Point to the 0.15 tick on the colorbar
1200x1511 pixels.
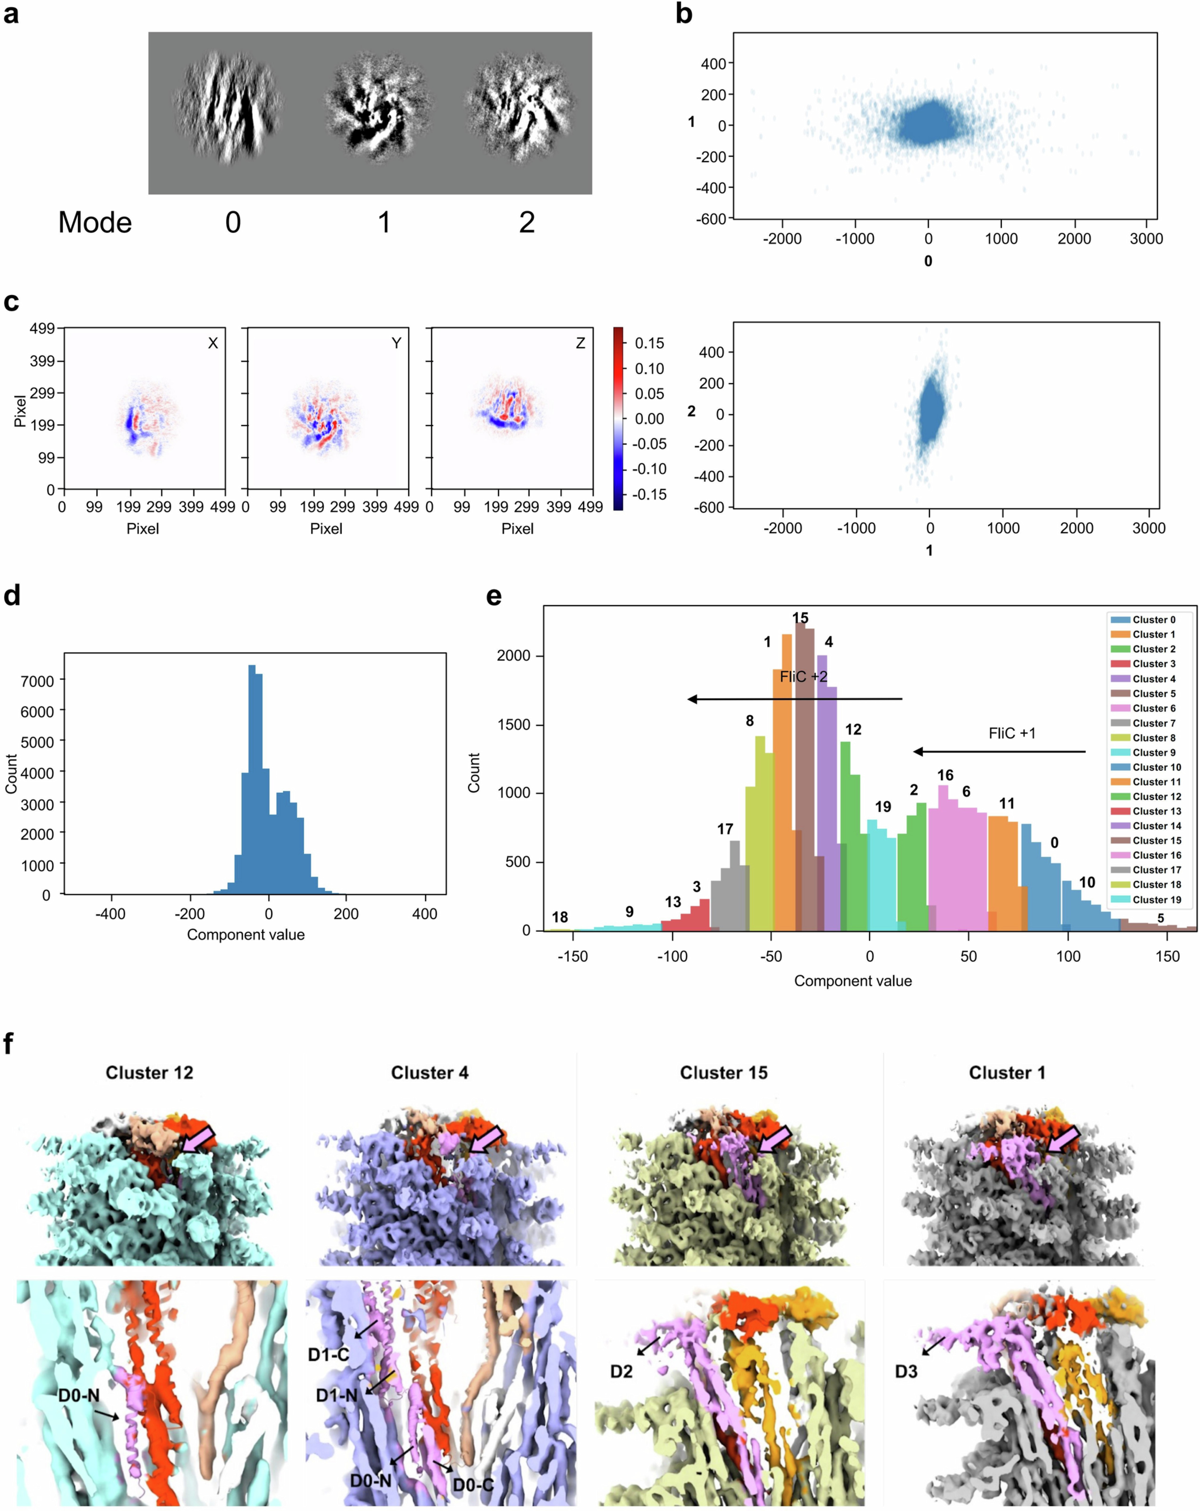click(x=649, y=343)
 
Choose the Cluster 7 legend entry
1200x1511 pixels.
click(x=1153, y=723)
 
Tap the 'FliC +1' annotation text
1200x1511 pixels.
click(x=1012, y=733)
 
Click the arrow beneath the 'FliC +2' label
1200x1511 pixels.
click(x=794, y=699)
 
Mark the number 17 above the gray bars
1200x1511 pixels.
click(x=725, y=829)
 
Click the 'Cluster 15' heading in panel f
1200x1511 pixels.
click(x=723, y=1073)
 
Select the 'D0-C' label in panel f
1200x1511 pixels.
click(x=473, y=1485)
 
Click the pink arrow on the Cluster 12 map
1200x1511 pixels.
click(x=198, y=1140)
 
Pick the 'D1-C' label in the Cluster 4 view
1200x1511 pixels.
click(x=328, y=1356)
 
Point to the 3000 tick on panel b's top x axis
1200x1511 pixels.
click(x=1146, y=238)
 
